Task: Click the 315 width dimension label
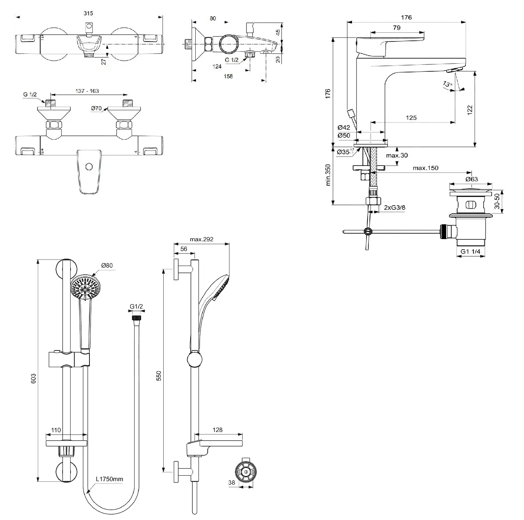click(88, 13)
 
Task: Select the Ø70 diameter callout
click(96, 108)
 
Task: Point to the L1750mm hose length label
click(109, 479)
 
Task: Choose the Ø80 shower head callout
click(107, 265)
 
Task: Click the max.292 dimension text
click(201, 239)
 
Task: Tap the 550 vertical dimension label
click(159, 376)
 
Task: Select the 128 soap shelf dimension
click(217, 430)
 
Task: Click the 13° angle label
click(447, 84)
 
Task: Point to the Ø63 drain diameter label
click(471, 179)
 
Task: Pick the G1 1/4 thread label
click(471, 251)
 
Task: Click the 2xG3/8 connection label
click(395, 208)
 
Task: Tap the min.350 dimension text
click(328, 175)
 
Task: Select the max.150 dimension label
click(425, 168)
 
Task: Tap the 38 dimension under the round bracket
click(232, 483)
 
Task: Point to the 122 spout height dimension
click(469, 110)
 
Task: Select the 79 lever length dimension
click(397, 28)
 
